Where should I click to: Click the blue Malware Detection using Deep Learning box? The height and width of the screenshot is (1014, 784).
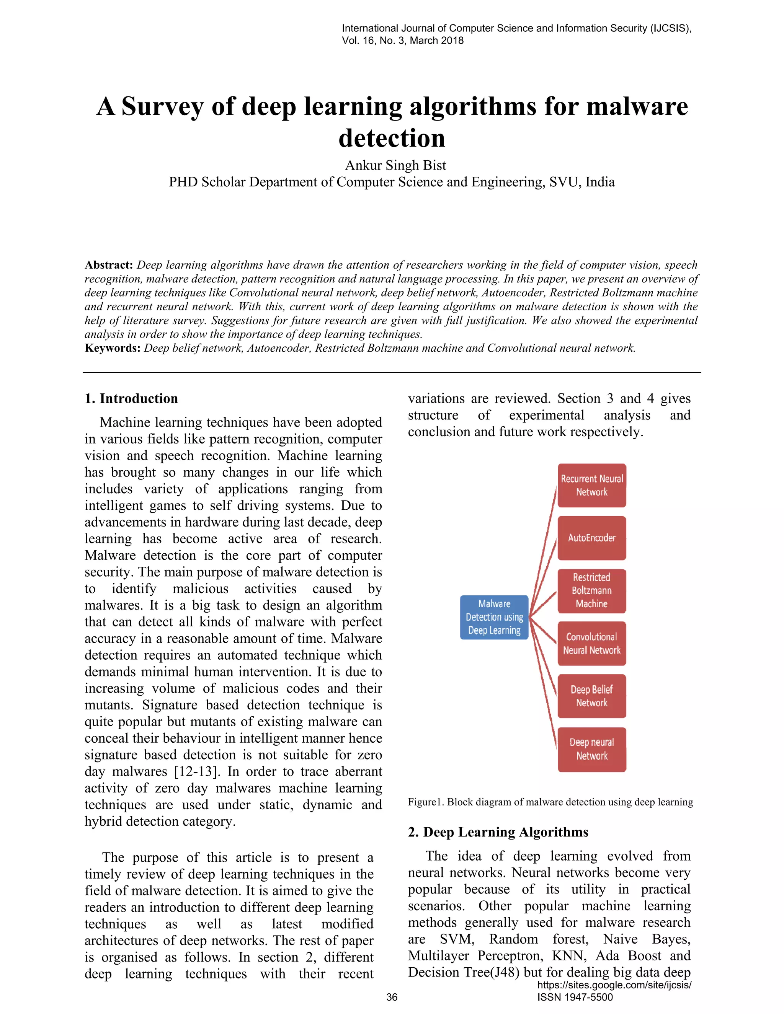tap(494, 617)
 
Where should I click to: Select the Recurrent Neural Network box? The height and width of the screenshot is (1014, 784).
tap(592, 485)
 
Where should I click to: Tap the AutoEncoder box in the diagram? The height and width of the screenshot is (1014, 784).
tap(592, 538)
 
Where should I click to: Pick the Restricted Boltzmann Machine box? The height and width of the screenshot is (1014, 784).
tap(592, 590)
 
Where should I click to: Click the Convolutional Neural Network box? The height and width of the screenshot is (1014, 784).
tap(592, 644)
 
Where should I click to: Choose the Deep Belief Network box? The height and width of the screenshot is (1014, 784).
tap(592, 696)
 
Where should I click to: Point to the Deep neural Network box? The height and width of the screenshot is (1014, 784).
tap(592, 749)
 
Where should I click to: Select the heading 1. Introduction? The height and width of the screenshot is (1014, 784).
tap(131, 398)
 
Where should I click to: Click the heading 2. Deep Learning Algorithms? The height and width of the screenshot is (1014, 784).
tap(498, 832)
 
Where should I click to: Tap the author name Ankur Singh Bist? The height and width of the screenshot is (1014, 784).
tap(395, 165)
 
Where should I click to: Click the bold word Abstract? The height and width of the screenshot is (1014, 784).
tap(109, 265)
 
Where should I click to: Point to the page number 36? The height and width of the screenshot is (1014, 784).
tap(392, 997)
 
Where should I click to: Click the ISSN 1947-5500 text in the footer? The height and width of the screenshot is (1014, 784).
tap(575, 997)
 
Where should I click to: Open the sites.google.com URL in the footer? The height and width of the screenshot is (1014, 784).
tap(614, 985)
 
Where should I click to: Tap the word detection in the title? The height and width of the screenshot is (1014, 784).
tap(392, 139)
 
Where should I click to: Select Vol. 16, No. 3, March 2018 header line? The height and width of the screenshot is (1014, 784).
tap(403, 41)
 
